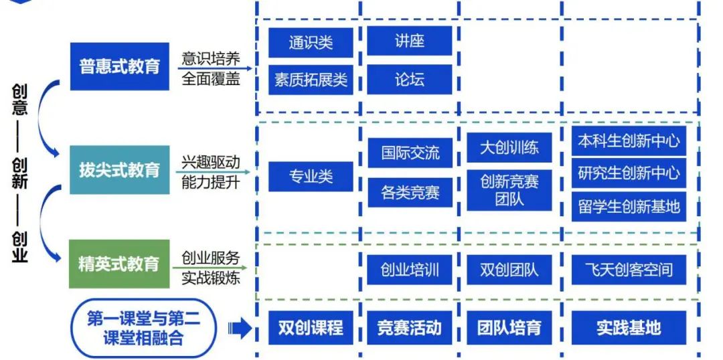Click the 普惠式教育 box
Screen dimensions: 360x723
[x=120, y=67]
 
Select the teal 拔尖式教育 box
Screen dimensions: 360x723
[x=120, y=170]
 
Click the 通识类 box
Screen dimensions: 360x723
[x=311, y=43]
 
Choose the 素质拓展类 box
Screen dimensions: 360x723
[x=311, y=80]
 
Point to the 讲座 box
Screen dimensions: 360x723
[x=409, y=41]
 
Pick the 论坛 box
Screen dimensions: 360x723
[x=409, y=80]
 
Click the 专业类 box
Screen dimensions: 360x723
[x=311, y=177]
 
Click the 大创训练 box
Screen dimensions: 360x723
[x=509, y=148]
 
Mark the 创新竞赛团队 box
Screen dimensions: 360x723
[x=509, y=190]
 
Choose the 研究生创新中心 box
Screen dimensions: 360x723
[x=629, y=174]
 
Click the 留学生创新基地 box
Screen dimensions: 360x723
[x=629, y=206]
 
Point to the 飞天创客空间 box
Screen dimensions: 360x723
[x=629, y=270]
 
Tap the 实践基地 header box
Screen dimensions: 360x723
[x=629, y=328]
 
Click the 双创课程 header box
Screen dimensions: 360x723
[x=311, y=328]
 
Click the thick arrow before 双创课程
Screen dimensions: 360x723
[x=239, y=329]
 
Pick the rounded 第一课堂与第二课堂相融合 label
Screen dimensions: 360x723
[x=143, y=329]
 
